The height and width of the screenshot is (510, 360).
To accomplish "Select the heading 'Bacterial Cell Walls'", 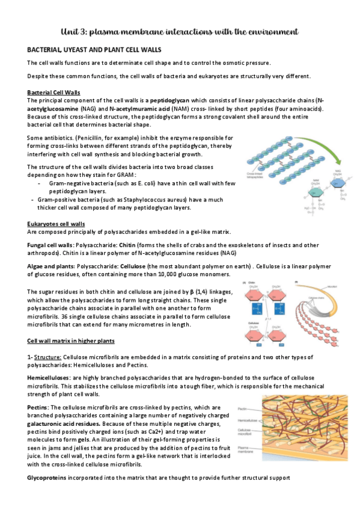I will coord(55,92).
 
